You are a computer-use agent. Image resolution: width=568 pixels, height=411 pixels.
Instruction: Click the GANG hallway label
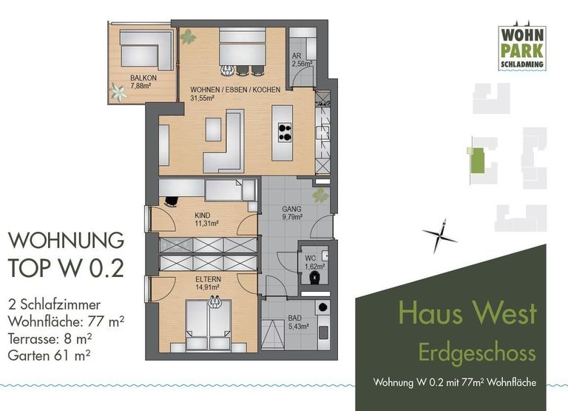pyautogui.click(x=291, y=209)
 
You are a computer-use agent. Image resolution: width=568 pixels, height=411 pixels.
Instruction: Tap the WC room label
pyautogui.click(x=311, y=257)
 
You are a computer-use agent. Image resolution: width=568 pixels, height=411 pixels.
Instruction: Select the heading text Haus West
pyautogui.click(x=467, y=313)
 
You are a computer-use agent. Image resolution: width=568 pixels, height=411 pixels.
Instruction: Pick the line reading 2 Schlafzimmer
pyautogui.click(x=53, y=304)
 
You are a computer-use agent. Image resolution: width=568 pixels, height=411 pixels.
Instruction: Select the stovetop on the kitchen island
pyautogui.click(x=283, y=132)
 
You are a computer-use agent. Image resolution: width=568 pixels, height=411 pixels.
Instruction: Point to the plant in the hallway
pyautogui.click(x=320, y=196)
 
